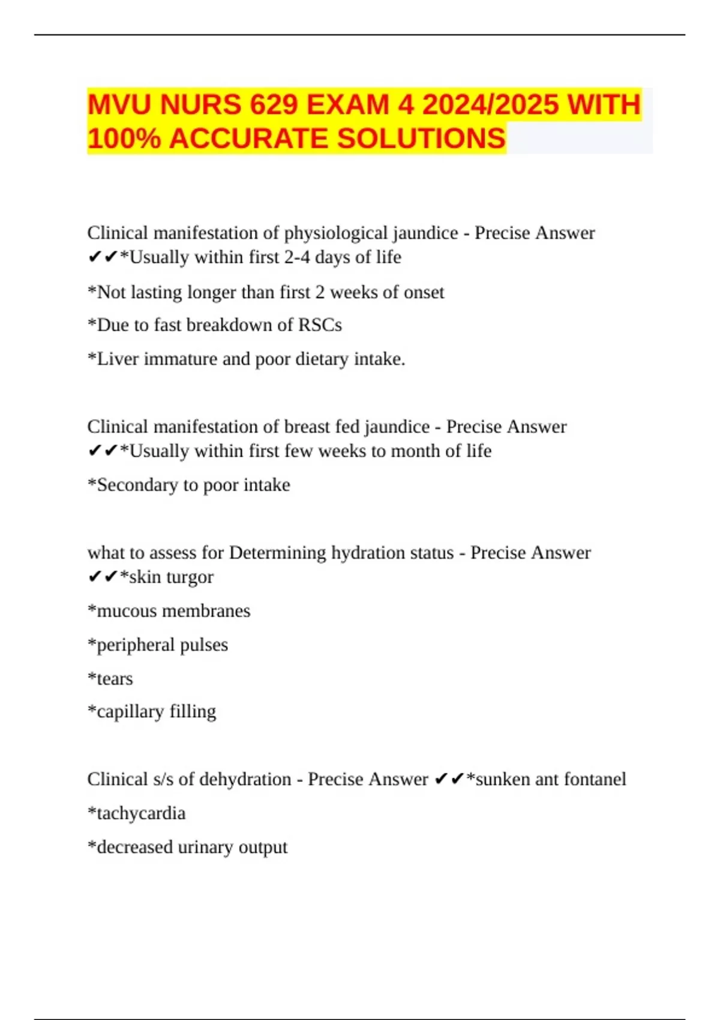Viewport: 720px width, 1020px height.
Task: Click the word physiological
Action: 335,233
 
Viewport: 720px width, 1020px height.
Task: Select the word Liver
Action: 118,359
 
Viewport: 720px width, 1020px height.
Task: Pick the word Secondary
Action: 136,485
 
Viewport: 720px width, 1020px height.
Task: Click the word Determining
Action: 277,553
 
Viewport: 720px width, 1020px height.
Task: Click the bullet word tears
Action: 115,679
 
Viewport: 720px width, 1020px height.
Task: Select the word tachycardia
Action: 141,814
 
